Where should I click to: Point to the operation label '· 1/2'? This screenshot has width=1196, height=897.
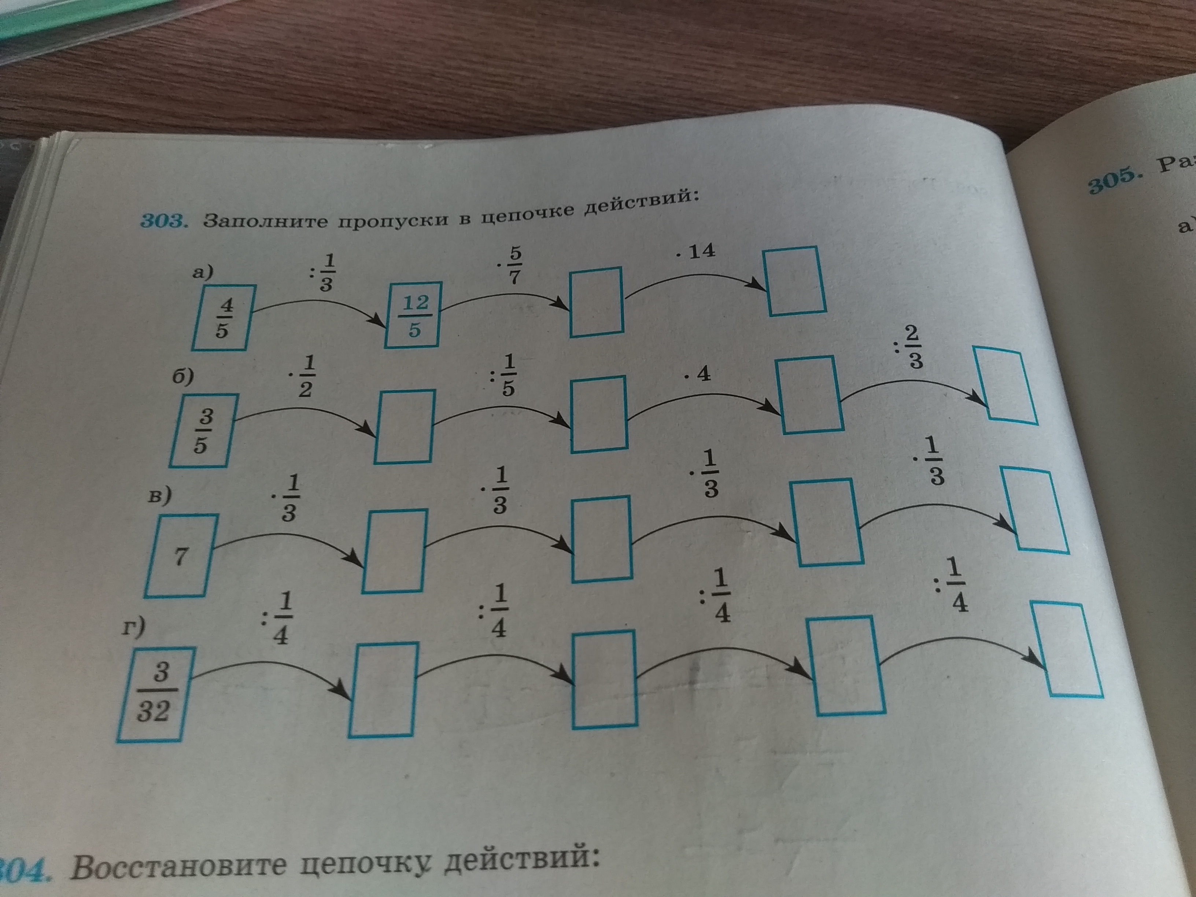(x=300, y=377)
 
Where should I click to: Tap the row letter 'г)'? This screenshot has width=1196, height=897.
(x=133, y=628)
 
